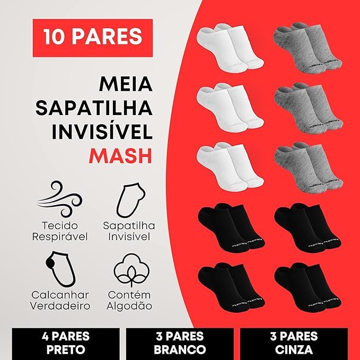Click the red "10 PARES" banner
93,38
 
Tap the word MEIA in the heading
126,84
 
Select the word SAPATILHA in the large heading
94,108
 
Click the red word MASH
120,156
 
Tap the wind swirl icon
59,199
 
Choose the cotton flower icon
131,270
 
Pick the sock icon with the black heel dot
61,269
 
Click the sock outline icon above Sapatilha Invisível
130,200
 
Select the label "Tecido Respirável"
60,231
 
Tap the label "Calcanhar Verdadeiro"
60,301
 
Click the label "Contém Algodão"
129,301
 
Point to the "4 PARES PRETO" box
66,343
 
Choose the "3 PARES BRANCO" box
180,343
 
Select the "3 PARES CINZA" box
294,343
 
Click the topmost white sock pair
230,48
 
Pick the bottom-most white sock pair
230,167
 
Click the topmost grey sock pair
308,48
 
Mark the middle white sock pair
230,108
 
